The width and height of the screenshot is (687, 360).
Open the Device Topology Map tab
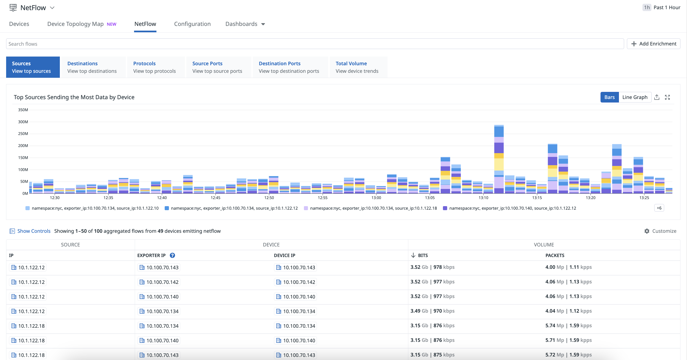[75, 24]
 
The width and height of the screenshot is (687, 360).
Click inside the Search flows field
[315, 44]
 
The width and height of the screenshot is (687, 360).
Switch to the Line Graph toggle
[634, 97]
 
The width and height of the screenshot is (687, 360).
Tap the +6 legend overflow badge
[659, 208]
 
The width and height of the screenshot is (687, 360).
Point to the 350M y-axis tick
[23, 110]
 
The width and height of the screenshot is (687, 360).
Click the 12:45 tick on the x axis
[216, 198]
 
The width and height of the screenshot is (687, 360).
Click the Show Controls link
[34, 231]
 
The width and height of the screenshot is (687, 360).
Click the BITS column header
[423, 255]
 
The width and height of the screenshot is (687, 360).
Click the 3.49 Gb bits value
[419, 311]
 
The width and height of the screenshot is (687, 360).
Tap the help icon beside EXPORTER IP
[172, 255]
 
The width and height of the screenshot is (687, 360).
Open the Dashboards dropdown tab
[245, 24]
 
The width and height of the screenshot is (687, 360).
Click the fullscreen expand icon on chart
[667, 97]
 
